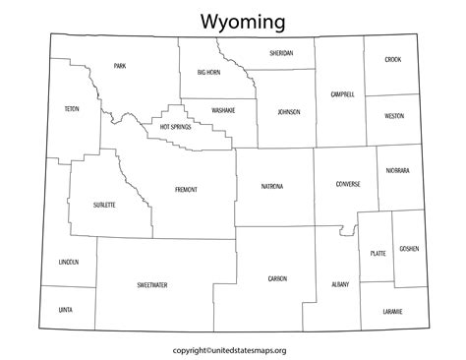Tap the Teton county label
click(x=70, y=108)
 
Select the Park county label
click(x=119, y=66)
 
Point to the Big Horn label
click(x=207, y=72)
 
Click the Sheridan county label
click(x=282, y=53)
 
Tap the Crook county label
click(x=393, y=60)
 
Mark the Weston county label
click(x=393, y=115)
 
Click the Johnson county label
click(x=288, y=112)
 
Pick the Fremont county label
click(x=186, y=189)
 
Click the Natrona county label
click(x=272, y=186)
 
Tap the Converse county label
click(x=347, y=184)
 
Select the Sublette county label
click(x=104, y=205)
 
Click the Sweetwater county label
click(x=152, y=284)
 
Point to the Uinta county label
click(x=66, y=309)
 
